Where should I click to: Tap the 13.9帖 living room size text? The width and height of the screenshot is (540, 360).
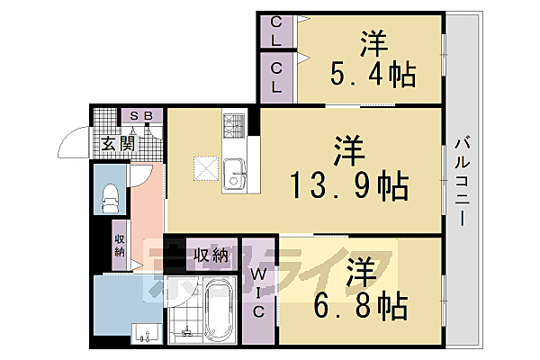[349, 186]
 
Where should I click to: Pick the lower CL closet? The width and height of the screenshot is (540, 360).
[277, 78]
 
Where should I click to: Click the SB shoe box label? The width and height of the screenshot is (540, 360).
[140, 116]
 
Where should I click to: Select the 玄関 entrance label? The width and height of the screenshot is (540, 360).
[117, 142]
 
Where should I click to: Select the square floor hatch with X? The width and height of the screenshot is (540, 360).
[204, 167]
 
